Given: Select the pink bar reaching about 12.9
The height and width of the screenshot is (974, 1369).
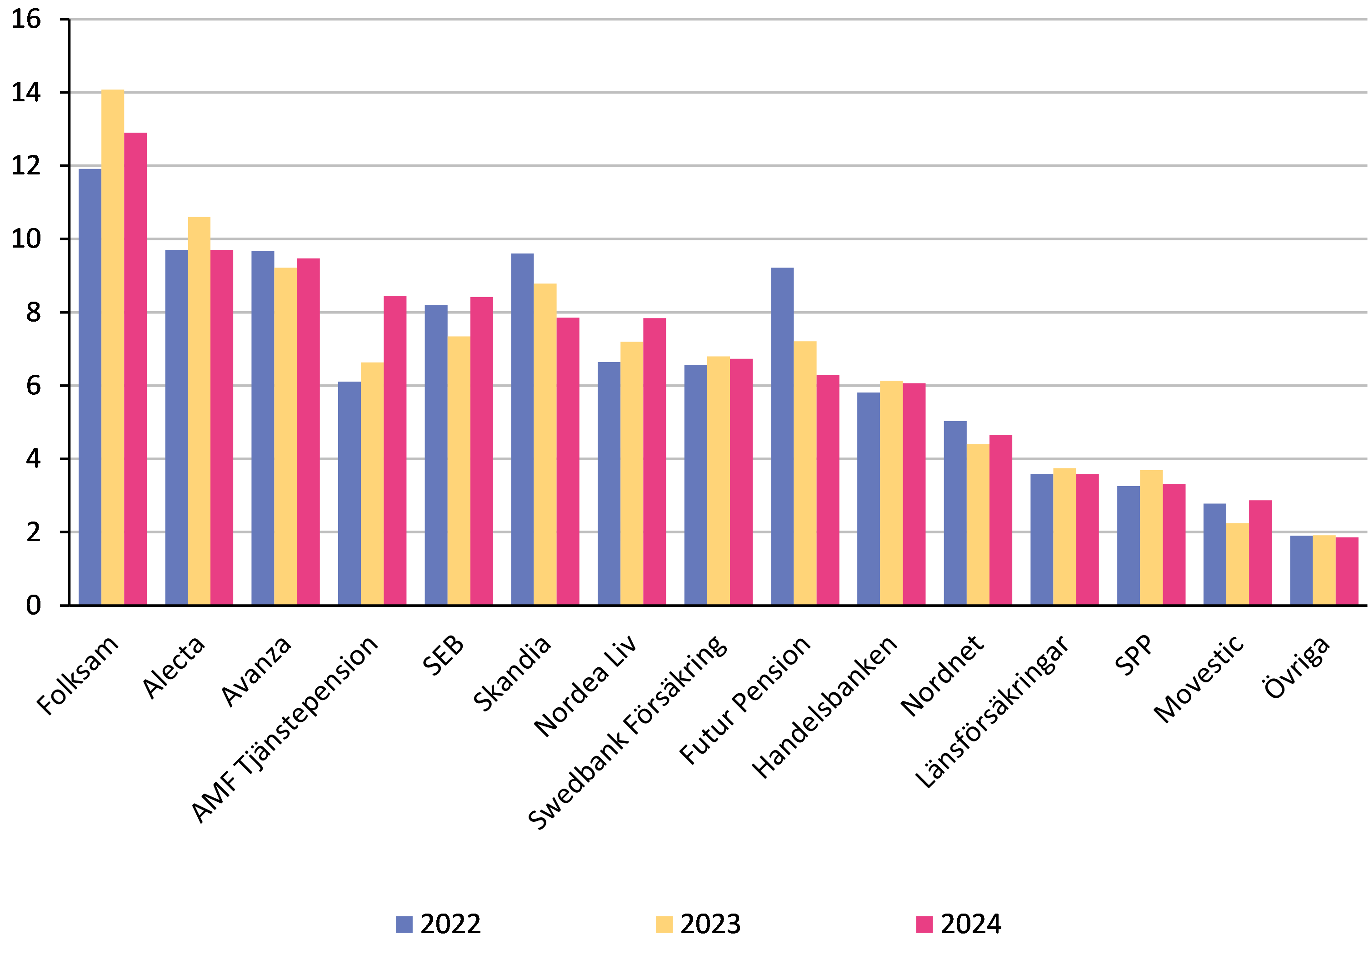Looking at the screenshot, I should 135,368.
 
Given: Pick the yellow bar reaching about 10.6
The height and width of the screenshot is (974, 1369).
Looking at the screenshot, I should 199,410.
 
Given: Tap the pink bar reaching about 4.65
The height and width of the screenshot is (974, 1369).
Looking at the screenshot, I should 1001,519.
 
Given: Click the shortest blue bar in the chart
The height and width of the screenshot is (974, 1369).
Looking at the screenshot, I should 1301,570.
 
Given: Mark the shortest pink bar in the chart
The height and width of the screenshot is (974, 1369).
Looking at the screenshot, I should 1347,571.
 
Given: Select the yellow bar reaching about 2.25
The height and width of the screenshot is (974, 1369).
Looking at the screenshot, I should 1238,563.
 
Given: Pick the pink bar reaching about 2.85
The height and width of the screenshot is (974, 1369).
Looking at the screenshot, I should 1260,552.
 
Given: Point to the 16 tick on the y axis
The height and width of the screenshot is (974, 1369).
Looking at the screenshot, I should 27,18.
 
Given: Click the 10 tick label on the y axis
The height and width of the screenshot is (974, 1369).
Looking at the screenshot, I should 27,239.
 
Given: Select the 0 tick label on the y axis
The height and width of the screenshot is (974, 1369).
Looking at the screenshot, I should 33,605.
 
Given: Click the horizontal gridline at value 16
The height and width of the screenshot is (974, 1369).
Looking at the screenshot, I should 720,19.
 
